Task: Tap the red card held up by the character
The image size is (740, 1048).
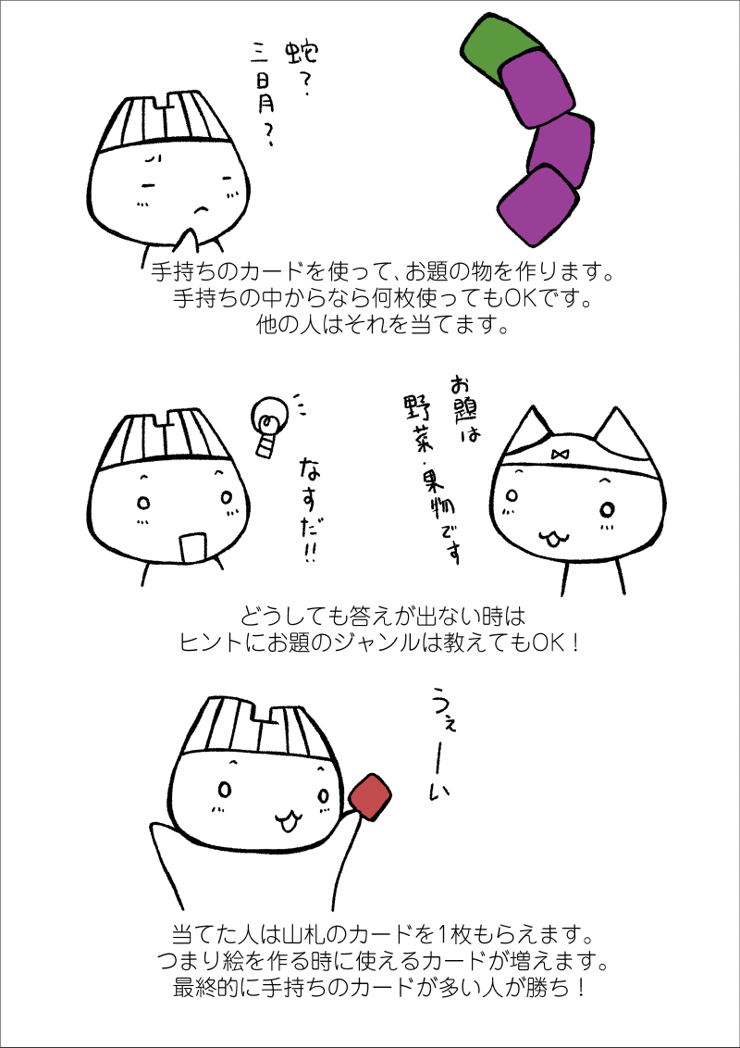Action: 370,797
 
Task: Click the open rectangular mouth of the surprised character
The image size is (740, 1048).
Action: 191,548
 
